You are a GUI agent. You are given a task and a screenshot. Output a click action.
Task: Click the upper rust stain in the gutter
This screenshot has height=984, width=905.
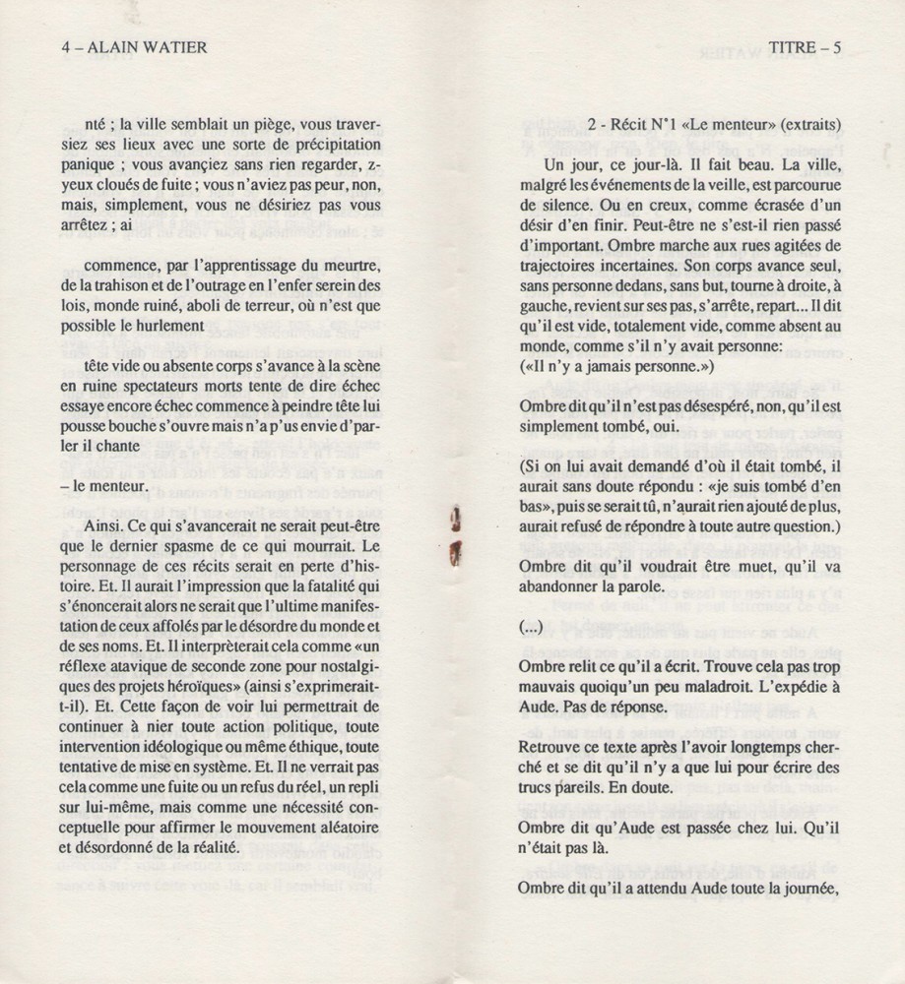[454, 516]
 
